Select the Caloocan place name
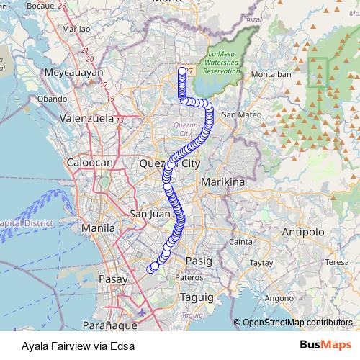coord(90,163)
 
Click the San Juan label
coord(149,214)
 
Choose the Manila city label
coord(98,228)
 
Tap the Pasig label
coord(199,260)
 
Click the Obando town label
coord(52,98)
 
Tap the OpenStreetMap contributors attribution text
coord(297,323)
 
